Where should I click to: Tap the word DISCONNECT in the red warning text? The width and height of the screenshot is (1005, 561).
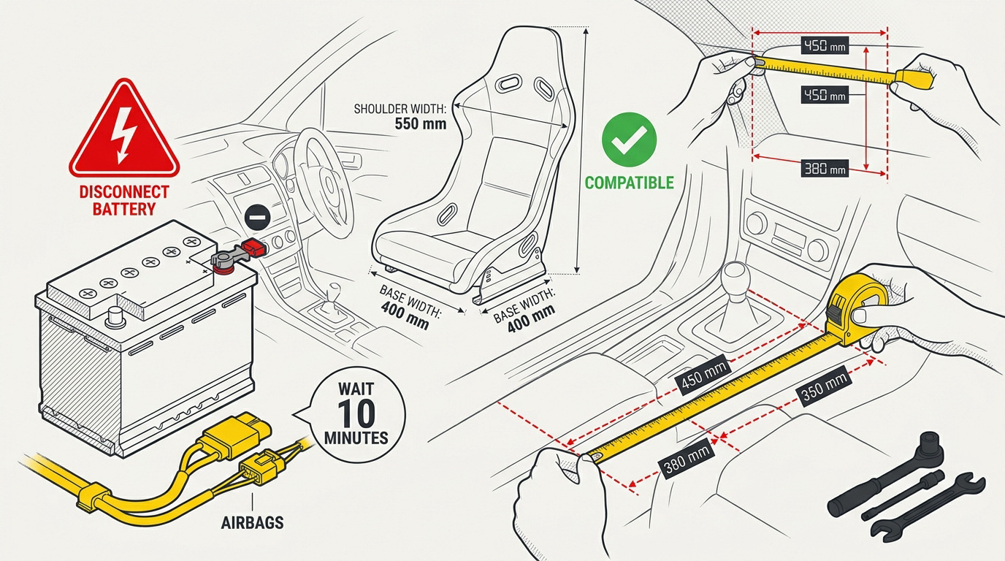click(124, 193)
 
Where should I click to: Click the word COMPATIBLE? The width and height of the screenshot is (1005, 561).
click(629, 183)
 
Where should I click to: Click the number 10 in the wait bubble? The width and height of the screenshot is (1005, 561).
click(357, 413)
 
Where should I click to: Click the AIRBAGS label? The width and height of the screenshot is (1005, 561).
click(253, 523)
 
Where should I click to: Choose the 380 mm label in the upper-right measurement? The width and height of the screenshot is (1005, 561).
click(824, 169)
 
